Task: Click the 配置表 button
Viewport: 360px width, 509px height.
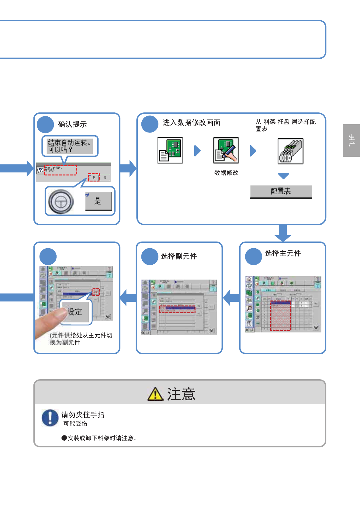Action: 281,191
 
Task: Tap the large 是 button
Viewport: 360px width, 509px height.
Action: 99,201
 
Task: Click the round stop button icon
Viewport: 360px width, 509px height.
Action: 61,201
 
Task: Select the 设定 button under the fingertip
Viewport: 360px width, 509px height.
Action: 75,312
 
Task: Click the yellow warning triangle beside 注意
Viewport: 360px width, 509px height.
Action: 155,394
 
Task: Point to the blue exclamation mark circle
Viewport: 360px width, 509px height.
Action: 50,418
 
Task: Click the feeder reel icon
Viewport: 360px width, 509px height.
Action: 290,151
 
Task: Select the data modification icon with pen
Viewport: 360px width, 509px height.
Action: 226,150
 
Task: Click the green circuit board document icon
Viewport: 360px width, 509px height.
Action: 170,150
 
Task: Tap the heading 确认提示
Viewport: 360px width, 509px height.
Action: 72,124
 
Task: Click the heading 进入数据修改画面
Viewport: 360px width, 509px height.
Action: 191,122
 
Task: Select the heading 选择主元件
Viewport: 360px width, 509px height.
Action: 283,253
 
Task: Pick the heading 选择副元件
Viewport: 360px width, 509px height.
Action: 179,256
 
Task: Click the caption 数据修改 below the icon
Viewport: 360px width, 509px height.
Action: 226,173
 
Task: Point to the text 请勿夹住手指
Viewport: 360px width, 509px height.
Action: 83,415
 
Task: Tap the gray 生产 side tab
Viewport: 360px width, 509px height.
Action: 351,140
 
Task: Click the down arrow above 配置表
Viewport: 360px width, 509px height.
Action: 283,176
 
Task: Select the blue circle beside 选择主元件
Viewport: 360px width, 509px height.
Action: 253,256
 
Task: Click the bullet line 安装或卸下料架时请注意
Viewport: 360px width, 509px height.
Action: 100,438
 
